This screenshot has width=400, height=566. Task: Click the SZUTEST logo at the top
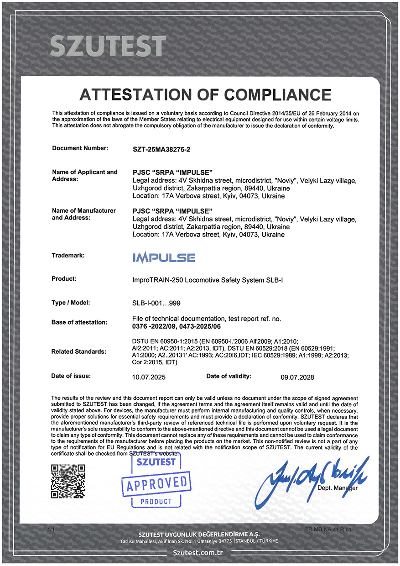107,46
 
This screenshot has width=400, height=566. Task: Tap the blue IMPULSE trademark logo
164,257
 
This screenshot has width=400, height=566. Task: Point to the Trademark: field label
68,256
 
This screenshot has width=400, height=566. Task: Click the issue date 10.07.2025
148,377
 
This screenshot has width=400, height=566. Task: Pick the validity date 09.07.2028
297,377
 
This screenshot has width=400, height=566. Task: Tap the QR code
68,482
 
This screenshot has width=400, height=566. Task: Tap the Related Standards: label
79,351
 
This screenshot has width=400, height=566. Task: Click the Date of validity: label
229,376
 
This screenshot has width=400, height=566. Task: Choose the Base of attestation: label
79,322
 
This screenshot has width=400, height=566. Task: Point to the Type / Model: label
71,302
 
